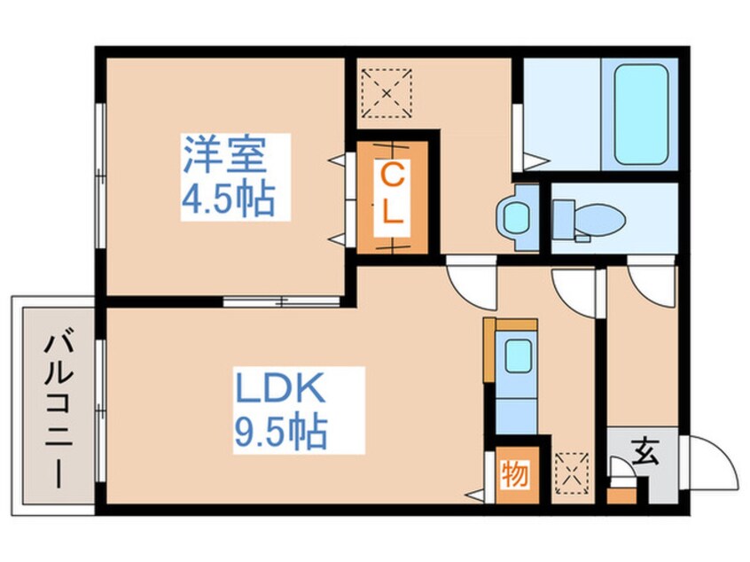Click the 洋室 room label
pyautogui.click(x=224, y=154)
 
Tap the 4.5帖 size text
pyautogui.click(x=228, y=198)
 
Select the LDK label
pyautogui.click(x=279, y=387)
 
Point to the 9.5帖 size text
pyautogui.click(x=280, y=432)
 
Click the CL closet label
pyautogui.click(x=392, y=193)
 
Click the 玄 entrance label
pyautogui.click(x=645, y=451)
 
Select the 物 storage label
pyautogui.click(x=515, y=474)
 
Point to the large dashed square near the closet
pyautogui.click(x=387, y=93)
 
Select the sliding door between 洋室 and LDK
pyautogui.click(x=281, y=301)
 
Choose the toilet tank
pyautogui.click(x=564, y=220)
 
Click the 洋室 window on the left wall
pyautogui.click(x=100, y=176)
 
